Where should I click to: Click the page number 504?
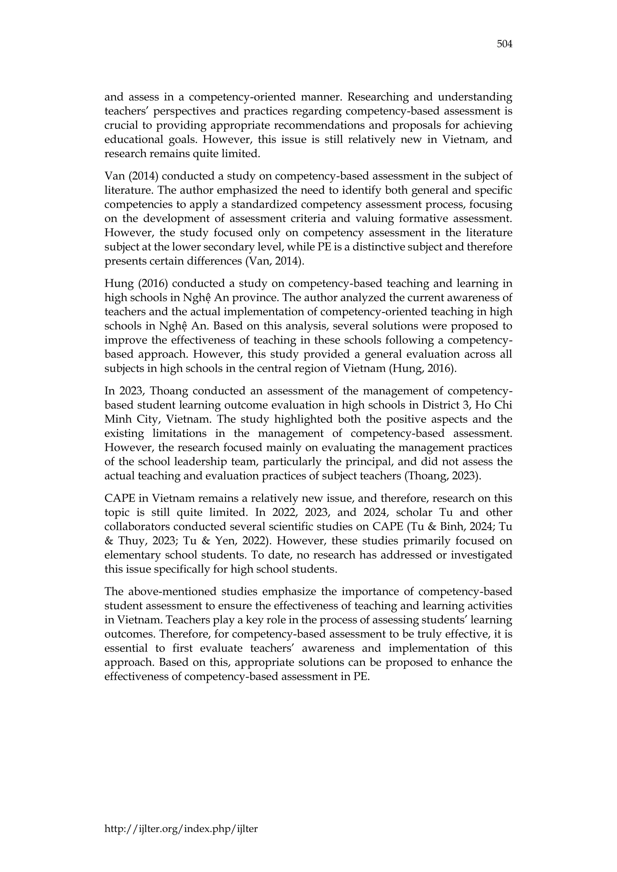(x=504, y=45)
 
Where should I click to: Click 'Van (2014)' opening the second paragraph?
(x=131, y=176)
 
